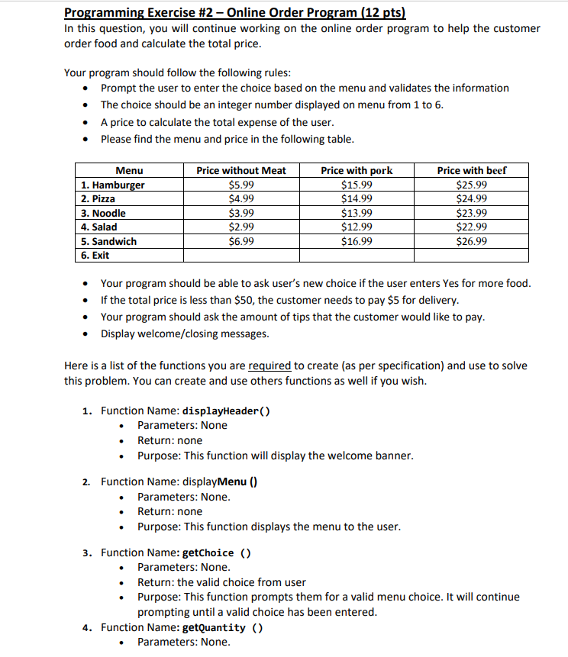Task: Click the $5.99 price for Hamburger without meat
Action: pos(241,185)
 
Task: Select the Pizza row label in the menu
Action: pos(98,199)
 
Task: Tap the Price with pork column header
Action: pos(357,171)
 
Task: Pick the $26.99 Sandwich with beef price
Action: pos(471,242)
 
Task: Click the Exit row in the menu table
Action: pos(95,256)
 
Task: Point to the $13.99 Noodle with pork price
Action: pos(357,214)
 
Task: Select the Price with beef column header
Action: pos(471,171)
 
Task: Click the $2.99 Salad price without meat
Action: pos(241,227)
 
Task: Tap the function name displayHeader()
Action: pos(226,411)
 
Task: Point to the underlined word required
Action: pos(269,366)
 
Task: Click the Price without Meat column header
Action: pos(241,171)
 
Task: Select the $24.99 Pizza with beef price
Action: pos(471,199)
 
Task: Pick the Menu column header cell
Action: pos(129,171)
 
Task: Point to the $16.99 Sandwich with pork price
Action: pos(357,242)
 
